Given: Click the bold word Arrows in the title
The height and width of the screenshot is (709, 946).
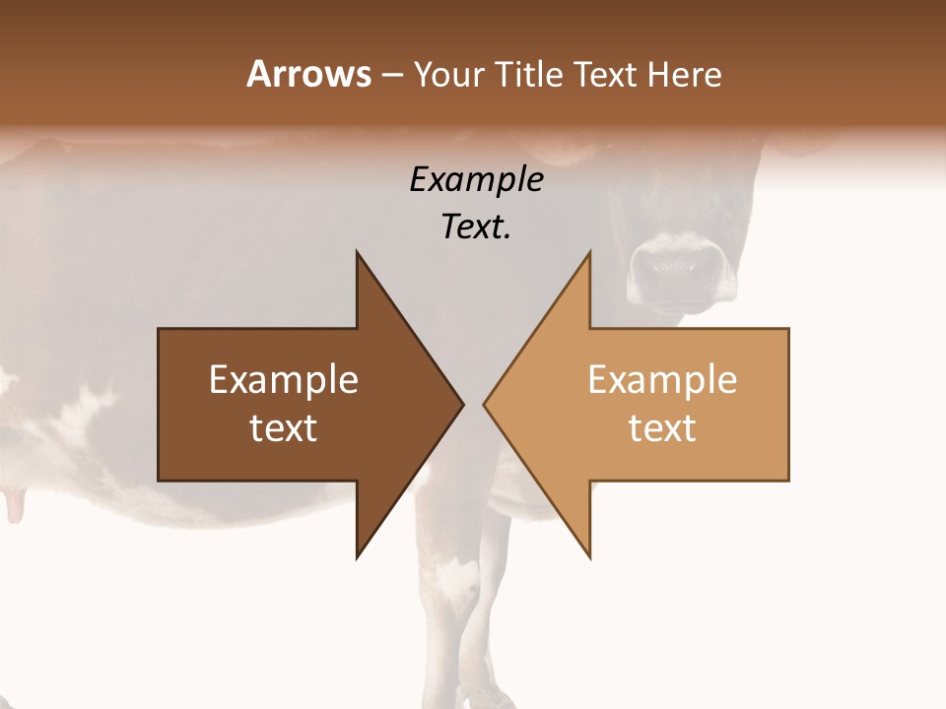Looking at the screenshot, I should click(308, 75).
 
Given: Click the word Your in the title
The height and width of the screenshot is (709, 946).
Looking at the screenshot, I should click(445, 75).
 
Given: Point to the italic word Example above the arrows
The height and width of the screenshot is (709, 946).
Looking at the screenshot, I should click(476, 179).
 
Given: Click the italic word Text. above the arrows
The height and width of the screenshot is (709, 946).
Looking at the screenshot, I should click(476, 226).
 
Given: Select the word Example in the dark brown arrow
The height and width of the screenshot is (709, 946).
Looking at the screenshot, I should click(284, 380).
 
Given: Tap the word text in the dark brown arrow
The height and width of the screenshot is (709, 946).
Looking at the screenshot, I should click(284, 428).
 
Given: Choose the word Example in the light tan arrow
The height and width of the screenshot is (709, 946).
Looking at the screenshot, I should click(662, 380).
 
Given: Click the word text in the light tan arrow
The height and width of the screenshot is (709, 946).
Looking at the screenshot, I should click(662, 428).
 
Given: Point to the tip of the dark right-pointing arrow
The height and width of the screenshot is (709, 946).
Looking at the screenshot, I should click(461, 405).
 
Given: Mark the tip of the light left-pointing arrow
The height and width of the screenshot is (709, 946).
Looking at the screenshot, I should click(486, 405).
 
